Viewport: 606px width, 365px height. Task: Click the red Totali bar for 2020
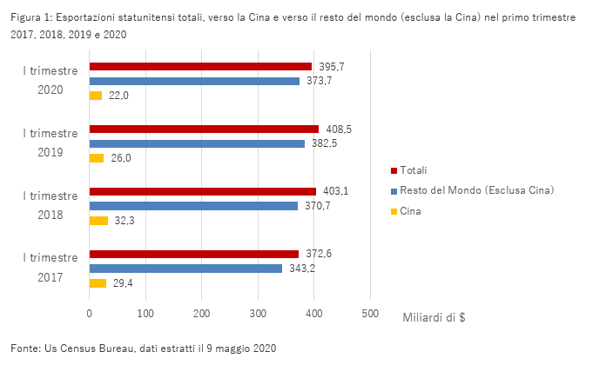(200, 66)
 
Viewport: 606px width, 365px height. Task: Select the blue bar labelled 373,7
(194, 81)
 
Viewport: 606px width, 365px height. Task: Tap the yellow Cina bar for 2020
(96, 96)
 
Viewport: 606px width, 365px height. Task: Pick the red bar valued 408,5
(204, 129)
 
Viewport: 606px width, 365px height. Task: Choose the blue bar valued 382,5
(197, 143)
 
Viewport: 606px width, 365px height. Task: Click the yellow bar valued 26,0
(97, 158)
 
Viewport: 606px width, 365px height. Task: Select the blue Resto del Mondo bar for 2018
(193, 206)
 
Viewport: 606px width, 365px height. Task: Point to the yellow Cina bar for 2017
(98, 283)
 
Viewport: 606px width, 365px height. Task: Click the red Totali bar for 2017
(193, 254)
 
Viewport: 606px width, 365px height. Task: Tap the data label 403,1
(335, 191)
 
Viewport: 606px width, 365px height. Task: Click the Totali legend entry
(413, 169)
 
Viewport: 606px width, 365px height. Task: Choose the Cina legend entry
(409, 211)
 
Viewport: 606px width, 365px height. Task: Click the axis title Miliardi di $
(434, 317)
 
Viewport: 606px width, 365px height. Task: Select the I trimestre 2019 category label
(50, 143)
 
